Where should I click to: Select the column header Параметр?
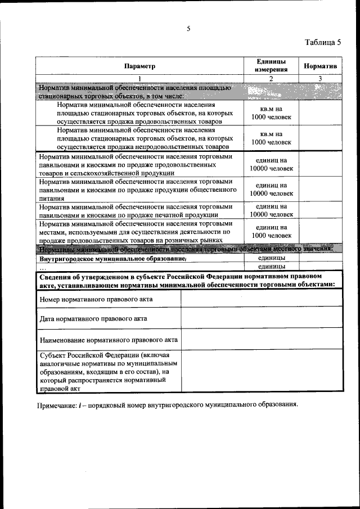(x=139, y=66)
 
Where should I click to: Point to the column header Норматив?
(x=320, y=66)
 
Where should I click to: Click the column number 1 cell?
(x=139, y=78)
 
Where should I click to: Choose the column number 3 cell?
(x=320, y=78)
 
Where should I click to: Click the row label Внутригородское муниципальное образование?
(x=112, y=259)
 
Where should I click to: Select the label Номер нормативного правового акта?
(x=96, y=299)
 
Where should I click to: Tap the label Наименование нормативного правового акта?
(x=109, y=340)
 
